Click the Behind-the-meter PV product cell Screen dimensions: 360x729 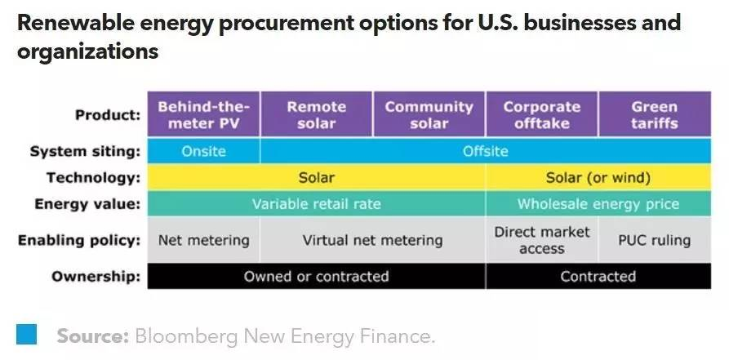(203, 114)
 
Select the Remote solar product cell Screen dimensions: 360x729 (316, 114)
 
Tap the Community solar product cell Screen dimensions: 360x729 (429, 114)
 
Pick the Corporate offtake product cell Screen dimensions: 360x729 (541, 114)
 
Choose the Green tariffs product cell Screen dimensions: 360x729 (654, 114)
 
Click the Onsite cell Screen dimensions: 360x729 (203, 151)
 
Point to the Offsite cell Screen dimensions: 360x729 (485, 151)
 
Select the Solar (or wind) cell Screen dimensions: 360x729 (598, 177)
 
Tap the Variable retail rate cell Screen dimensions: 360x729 (316, 204)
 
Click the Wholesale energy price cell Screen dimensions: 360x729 (598, 204)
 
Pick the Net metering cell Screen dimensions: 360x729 (203, 240)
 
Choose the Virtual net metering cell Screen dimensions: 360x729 (372, 240)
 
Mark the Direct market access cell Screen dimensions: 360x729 (541, 240)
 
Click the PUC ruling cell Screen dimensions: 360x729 (654, 240)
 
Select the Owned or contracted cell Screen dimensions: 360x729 (316, 276)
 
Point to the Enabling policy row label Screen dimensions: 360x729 (79, 240)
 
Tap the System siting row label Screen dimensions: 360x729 (85, 151)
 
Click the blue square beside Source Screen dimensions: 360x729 (27, 334)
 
